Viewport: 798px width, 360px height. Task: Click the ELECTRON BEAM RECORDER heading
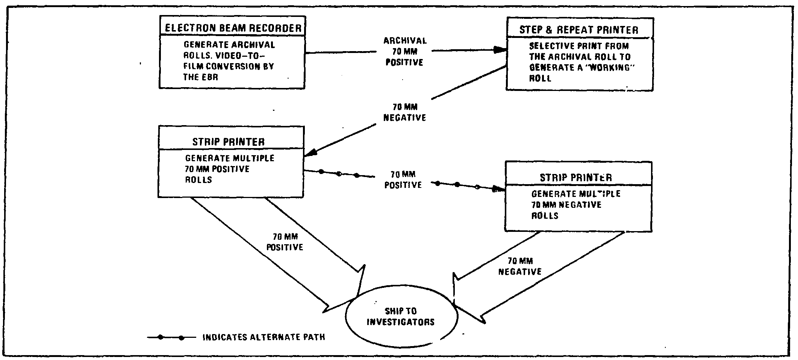tap(233, 28)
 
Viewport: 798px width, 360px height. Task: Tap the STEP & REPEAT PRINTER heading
tap(578, 30)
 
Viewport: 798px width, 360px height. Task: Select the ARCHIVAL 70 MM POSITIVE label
tap(404, 51)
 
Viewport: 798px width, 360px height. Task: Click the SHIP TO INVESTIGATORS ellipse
tap(401, 316)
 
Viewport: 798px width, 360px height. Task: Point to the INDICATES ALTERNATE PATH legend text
tap(263, 337)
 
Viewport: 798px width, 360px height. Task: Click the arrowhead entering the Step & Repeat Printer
tap(500, 50)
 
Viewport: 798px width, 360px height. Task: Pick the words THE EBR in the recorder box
tap(200, 77)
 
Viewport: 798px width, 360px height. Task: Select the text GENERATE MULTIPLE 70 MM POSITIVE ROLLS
tap(229, 169)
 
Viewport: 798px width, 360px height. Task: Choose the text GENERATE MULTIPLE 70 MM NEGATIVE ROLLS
tap(575, 205)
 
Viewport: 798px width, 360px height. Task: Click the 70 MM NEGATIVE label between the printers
tap(404, 112)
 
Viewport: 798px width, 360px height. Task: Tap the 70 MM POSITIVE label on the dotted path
tap(403, 180)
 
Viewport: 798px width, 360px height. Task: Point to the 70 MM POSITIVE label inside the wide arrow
tap(285, 242)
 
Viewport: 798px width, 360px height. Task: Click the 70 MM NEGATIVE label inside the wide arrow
tap(520, 266)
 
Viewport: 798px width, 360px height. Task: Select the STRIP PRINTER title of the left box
tap(229, 142)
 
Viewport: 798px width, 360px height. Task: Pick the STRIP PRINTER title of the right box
tap(575, 177)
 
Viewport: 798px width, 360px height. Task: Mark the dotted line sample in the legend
tap(171, 337)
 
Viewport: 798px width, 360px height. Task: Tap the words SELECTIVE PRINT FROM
tap(579, 46)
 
